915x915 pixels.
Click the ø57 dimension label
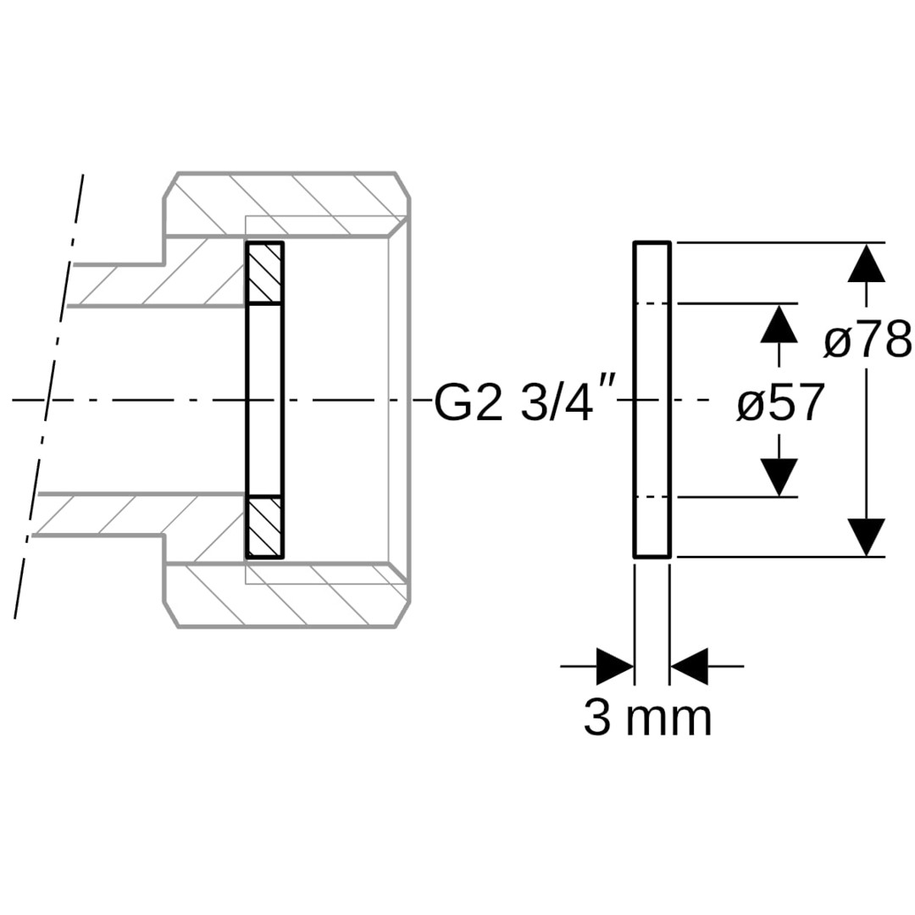click(x=780, y=402)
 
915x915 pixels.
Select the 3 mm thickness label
click(x=648, y=718)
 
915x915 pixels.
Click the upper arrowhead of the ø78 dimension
click(x=867, y=263)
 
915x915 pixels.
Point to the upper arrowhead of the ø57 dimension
click(x=779, y=324)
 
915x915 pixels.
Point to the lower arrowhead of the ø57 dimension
click(x=779, y=477)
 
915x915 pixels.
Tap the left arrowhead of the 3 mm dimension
click(x=615, y=666)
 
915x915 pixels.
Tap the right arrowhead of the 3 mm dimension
click(x=689, y=666)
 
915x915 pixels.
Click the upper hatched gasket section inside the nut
click(x=265, y=273)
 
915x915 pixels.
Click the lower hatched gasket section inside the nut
click(x=265, y=527)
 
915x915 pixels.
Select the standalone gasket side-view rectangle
click(x=652, y=400)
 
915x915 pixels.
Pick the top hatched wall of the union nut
click(x=286, y=204)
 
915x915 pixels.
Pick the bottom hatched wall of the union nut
click(x=286, y=596)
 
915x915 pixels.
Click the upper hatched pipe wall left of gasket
click(x=158, y=274)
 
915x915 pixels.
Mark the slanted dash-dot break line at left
click(x=48, y=396)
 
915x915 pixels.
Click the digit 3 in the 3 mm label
click(x=597, y=718)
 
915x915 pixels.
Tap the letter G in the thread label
click(x=452, y=402)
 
